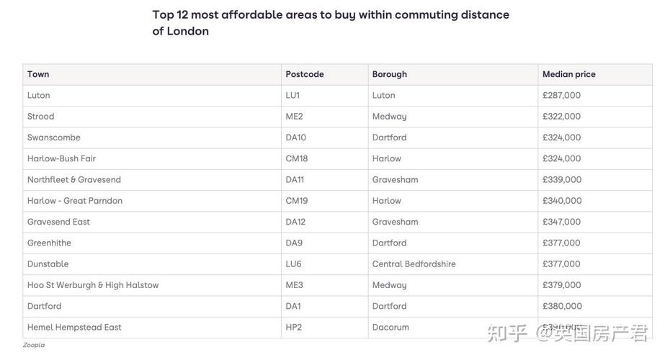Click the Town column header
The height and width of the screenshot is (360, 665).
click(38, 74)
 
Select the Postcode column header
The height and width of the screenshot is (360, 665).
click(305, 74)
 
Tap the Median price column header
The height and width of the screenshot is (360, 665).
click(568, 74)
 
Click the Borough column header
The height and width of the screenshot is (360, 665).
click(389, 74)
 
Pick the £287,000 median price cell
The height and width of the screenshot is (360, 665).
click(561, 95)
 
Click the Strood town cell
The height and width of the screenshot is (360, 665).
click(40, 116)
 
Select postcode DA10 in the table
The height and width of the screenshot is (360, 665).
click(295, 138)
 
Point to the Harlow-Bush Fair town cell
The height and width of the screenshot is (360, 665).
click(61, 158)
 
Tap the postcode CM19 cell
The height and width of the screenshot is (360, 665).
click(296, 201)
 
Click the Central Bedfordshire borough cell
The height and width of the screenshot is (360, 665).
click(414, 264)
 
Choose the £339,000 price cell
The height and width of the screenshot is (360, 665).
click(561, 179)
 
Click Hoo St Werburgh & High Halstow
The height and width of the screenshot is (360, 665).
click(93, 285)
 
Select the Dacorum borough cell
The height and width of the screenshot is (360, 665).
click(390, 328)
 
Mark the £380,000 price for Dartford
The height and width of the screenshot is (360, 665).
click(561, 306)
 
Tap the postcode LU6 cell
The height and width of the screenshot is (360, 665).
click(293, 264)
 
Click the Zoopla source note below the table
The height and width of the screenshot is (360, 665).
click(33, 346)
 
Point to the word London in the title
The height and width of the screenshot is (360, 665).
click(187, 31)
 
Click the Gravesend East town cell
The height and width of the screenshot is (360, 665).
click(58, 222)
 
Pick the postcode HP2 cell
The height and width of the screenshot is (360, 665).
click(293, 328)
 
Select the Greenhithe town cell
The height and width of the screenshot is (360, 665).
click(49, 243)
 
